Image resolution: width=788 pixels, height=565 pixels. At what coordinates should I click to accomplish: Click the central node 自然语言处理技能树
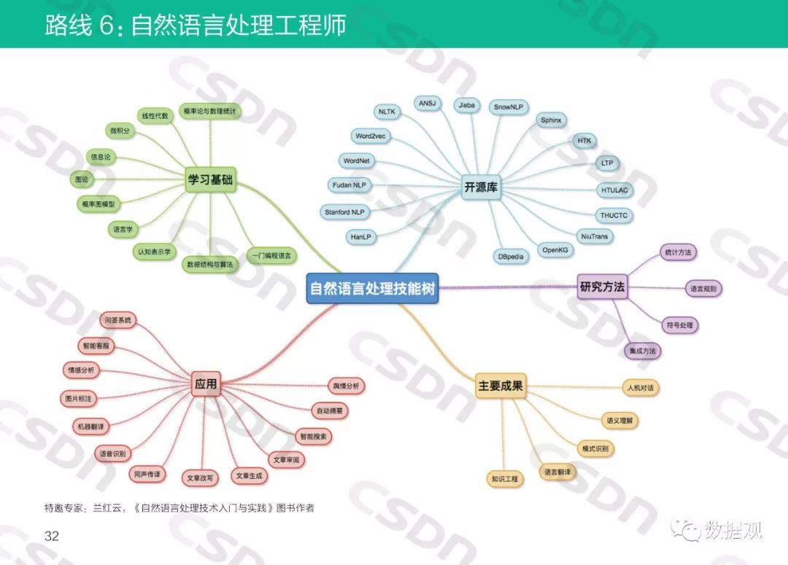tap(372, 289)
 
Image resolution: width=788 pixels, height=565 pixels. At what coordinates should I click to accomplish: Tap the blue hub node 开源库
tap(481, 187)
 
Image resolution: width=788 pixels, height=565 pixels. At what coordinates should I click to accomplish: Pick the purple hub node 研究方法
tap(602, 287)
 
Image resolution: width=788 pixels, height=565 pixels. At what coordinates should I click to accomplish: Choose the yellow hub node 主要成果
tap(501, 386)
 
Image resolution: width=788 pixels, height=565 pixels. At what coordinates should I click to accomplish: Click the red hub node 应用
tap(206, 383)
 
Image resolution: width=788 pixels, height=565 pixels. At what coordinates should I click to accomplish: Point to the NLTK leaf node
tap(387, 112)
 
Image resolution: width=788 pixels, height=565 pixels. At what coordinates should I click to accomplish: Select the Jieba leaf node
tap(466, 105)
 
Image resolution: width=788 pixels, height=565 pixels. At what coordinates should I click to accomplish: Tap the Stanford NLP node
tap(344, 212)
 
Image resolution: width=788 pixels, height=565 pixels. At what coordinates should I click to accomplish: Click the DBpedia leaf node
tap(511, 257)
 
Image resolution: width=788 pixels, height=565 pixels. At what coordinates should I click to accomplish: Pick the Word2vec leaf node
tap(371, 136)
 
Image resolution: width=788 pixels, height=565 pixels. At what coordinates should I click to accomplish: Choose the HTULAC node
tap(614, 190)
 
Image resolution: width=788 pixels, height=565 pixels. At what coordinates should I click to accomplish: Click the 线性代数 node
tap(155, 116)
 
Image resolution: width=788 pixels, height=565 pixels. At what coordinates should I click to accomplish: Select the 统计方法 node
tap(676, 253)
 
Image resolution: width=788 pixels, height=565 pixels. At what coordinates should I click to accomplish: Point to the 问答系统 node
tap(118, 320)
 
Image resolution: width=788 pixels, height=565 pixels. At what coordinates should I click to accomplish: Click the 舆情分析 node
tap(347, 386)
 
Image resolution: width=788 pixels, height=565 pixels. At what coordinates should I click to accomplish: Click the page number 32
tap(51, 537)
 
